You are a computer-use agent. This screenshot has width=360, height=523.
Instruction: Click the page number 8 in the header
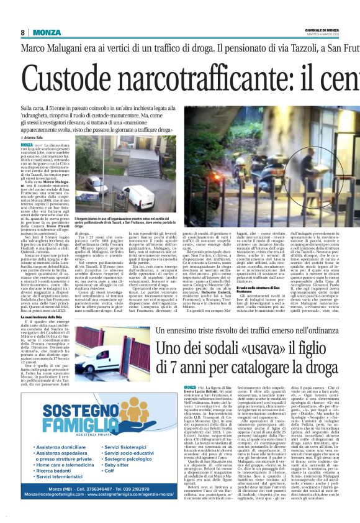[22, 32]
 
